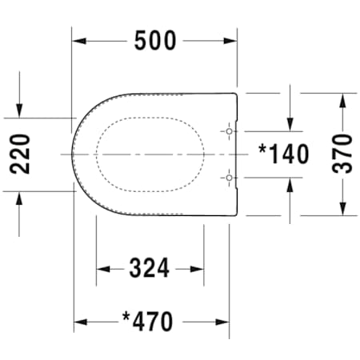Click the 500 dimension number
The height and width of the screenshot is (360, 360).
coord(155,41)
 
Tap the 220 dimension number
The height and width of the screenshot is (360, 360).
coord(20,154)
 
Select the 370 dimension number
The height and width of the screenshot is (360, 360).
coord(342,154)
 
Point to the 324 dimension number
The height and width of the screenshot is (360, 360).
coord(149,268)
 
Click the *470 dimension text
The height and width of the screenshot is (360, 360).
coord(147,322)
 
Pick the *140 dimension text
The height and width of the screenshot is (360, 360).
coord(284,154)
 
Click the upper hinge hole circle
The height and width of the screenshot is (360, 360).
coord(229,131)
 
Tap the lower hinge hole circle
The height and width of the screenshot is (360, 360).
coord(229,178)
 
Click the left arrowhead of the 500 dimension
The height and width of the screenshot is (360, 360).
coord(79,41)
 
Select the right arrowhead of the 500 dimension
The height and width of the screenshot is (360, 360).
coord(230,41)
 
